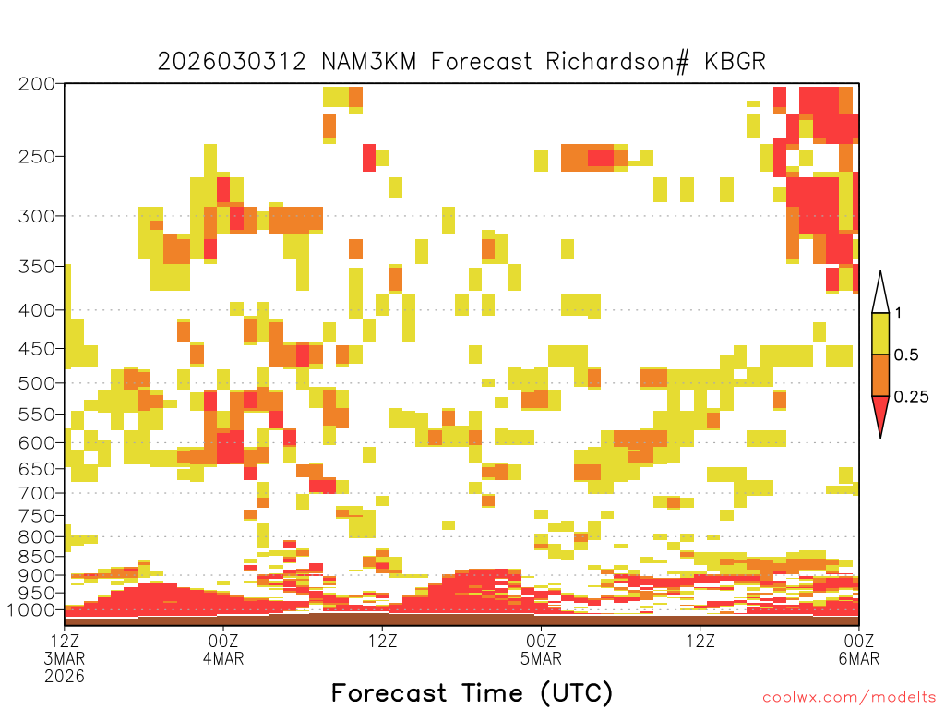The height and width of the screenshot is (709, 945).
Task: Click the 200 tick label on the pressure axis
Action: tap(36, 84)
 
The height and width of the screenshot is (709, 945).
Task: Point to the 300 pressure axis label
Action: tap(36, 216)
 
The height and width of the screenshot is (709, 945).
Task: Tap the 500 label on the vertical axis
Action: tap(36, 383)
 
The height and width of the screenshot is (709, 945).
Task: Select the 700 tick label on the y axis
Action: tap(36, 493)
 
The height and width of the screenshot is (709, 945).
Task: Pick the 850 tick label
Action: tap(36, 557)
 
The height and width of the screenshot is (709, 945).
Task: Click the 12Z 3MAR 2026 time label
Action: tap(65, 658)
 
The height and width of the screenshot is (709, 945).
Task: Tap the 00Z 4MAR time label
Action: tap(223, 649)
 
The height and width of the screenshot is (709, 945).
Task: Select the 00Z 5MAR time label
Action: tap(541, 649)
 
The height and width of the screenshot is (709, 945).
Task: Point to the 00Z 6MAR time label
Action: tap(859, 649)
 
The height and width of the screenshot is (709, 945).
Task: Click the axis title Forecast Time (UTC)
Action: tap(472, 692)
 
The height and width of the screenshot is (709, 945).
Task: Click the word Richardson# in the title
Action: tap(617, 62)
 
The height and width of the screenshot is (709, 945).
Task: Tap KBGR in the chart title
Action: tap(736, 62)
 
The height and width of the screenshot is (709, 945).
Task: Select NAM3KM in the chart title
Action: tap(369, 62)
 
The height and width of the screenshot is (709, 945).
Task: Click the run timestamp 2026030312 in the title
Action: tap(232, 62)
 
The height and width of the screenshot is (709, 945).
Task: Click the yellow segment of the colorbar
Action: tap(880, 333)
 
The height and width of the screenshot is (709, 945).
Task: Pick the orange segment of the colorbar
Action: tap(880, 375)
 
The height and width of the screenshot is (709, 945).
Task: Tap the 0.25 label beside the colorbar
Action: tap(911, 397)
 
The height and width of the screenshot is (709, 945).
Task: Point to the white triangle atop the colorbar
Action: tap(880, 294)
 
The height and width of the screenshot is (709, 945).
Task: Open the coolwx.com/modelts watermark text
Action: tap(850, 698)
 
